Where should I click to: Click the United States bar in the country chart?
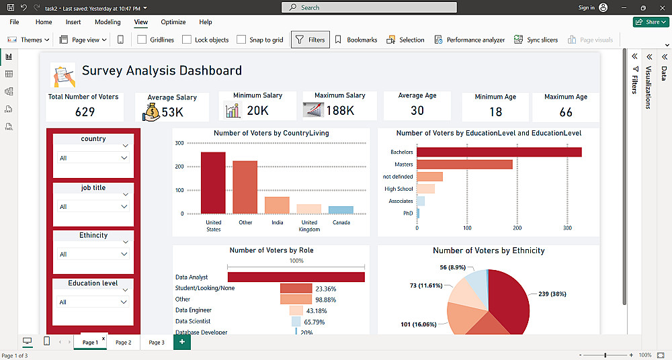point(213,183)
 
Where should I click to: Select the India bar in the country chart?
point(277,205)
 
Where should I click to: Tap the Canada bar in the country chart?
point(341,210)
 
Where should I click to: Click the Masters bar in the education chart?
point(464,165)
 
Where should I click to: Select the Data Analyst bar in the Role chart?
point(296,277)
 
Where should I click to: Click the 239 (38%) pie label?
point(553,294)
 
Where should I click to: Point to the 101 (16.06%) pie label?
point(419,324)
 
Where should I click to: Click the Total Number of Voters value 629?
point(85,111)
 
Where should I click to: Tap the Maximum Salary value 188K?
point(339,110)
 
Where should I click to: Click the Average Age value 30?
point(417,111)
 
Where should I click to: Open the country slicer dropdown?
point(124,158)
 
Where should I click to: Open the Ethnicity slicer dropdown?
point(124,254)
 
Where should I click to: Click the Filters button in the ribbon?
point(310,40)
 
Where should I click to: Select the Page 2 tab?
point(123,343)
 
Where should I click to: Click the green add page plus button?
point(181,342)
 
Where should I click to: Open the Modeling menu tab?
point(108,22)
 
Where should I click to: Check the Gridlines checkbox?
point(142,40)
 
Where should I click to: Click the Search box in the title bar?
point(369,7)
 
